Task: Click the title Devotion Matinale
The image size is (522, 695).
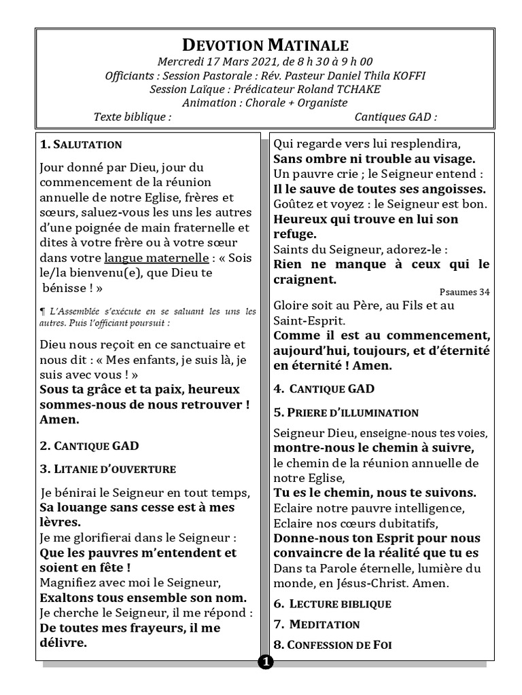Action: [x=266, y=45]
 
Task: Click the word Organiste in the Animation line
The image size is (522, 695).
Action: [x=318, y=102]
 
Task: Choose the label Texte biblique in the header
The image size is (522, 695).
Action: [x=132, y=117]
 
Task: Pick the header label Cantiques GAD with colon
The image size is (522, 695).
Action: [x=396, y=117]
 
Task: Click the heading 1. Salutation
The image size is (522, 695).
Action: [x=81, y=145]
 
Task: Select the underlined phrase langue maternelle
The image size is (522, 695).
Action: [x=156, y=258]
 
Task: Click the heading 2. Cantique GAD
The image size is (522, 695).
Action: [x=89, y=446]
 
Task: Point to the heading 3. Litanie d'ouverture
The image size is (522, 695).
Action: [x=107, y=468]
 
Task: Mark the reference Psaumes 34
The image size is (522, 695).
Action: [x=464, y=292]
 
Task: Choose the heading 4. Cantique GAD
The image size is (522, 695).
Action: [x=324, y=389]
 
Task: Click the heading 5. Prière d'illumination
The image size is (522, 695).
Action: [x=345, y=412]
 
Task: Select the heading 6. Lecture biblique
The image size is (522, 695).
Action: [x=332, y=603]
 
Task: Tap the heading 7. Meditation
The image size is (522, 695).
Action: [x=316, y=624]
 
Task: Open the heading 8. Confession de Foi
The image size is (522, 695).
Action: [x=332, y=644]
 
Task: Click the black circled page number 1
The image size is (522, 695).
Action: [x=266, y=662]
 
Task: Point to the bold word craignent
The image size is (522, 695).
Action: [x=305, y=279]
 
